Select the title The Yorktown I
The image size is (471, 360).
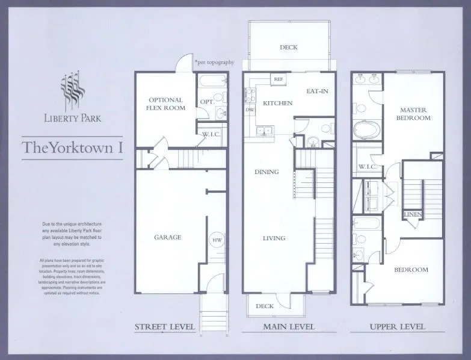pyautogui.click(x=72, y=147)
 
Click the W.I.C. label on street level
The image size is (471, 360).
pyautogui.click(x=209, y=134)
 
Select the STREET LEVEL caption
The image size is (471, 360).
pyautogui.click(x=164, y=327)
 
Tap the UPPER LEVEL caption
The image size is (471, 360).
pyautogui.click(x=396, y=327)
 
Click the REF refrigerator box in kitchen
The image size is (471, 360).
pyautogui.click(x=278, y=79)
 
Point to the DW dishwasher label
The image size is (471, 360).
pyautogui.click(x=249, y=110)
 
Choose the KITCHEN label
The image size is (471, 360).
pyautogui.click(x=277, y=103)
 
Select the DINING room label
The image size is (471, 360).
pyautogui.click(x=266, y=172)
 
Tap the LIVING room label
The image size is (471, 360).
pyautogui.click(x=274, y=238)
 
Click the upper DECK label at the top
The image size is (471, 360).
pyautogui.click(x=289, y=48)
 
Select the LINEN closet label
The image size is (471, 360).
pyautogui.click(x=413, y=214)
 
